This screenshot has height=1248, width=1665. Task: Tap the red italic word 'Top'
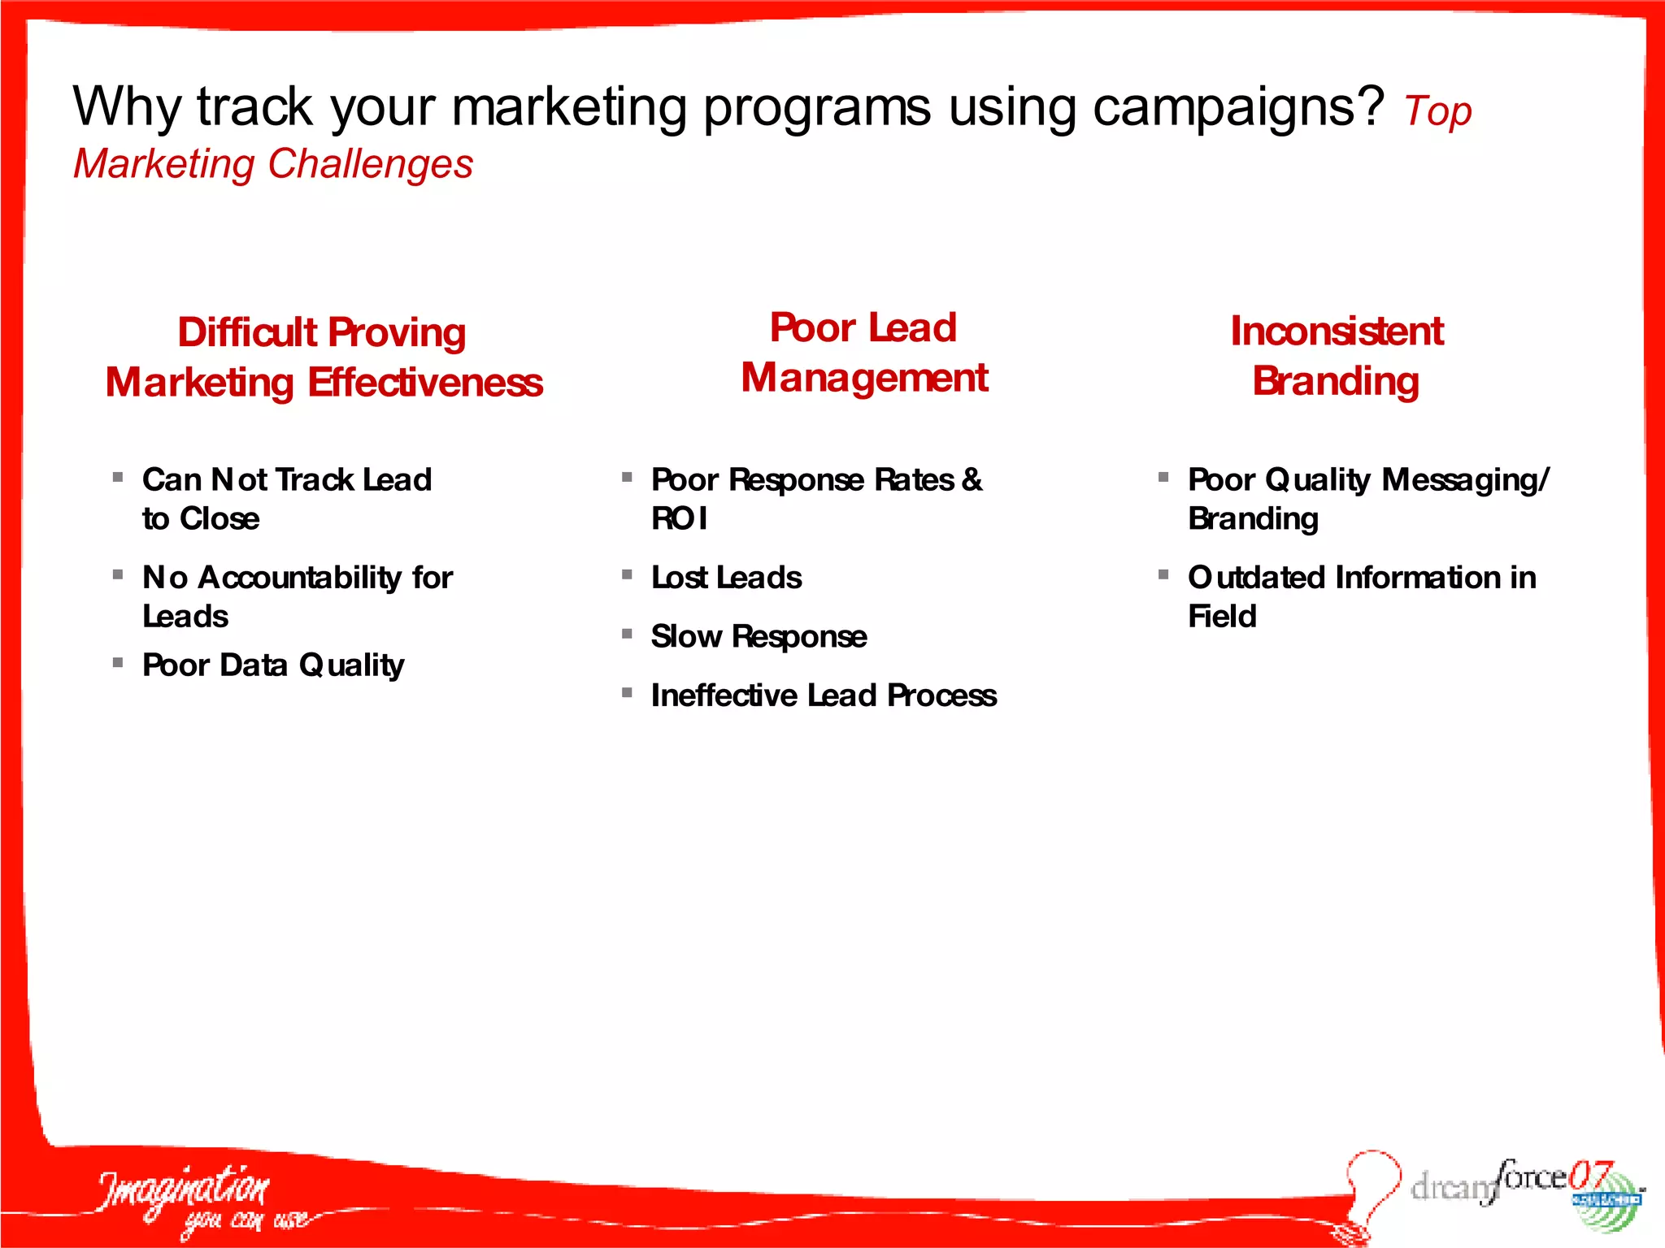point(1437,112)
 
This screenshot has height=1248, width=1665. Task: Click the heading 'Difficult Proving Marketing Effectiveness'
point(324,357)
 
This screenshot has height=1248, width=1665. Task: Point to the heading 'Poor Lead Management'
point(863,353)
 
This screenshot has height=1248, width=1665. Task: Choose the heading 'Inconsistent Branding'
point(1337,356)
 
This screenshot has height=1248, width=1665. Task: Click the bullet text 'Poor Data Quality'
point(273,665)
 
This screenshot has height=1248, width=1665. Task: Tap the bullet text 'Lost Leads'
point(726,578)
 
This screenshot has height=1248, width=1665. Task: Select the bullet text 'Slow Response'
point(759,636)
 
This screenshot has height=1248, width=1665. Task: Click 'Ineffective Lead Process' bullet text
point(824,695)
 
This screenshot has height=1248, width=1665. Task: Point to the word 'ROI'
point(680,518)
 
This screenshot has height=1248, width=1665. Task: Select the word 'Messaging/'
point(1466,479)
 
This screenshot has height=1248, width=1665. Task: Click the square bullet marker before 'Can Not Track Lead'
point(118,477)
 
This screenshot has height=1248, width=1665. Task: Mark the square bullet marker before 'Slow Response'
point(627,634)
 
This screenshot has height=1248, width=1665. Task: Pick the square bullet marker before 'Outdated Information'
point(1163,574)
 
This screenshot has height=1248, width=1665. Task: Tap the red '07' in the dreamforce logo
point(1589,1175)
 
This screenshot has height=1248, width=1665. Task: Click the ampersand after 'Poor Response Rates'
point(972,479)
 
